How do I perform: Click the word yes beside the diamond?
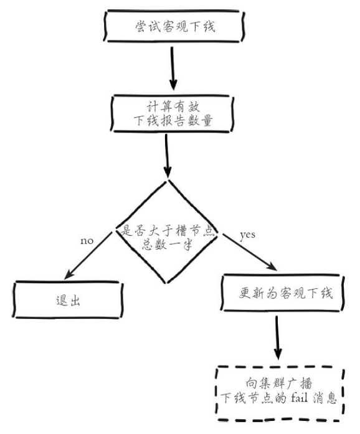247,235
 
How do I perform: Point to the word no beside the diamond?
87,241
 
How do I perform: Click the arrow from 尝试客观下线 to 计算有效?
173,68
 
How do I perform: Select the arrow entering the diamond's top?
167,156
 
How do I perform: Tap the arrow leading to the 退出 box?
88,256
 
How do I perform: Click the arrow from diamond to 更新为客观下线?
249,252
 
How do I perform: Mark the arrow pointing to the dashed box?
278,337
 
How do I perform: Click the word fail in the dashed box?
300,398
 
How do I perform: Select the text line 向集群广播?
279,384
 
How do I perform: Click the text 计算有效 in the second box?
173,106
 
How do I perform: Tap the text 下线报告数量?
173,121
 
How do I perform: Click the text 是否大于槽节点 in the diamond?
168,230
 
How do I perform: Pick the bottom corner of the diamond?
166,283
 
